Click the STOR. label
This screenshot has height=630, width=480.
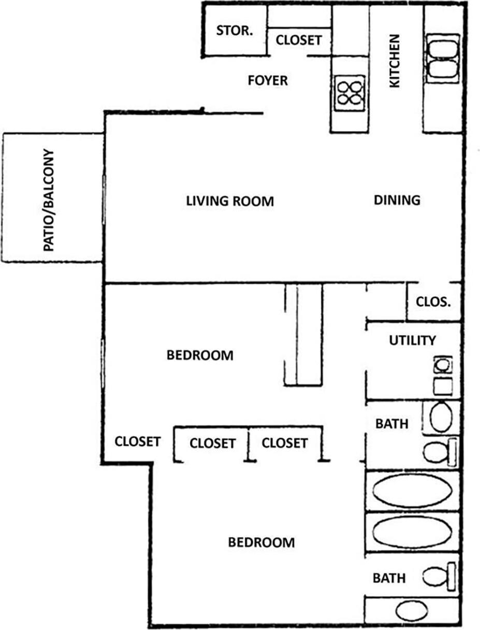(x=235, y=30)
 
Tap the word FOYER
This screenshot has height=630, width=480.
(x=267, y=81)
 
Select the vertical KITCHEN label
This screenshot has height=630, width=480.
(x=395, y=61)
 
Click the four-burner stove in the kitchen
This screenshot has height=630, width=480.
(x=350, y=93)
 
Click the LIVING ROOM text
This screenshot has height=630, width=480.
(x=230, y=201)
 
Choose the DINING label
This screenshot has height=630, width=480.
(x=397, y=200)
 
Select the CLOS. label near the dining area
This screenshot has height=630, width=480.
(x=432, y=302)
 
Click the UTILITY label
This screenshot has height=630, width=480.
(x=412, y=340)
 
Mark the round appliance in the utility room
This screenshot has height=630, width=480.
(x=442, y=365)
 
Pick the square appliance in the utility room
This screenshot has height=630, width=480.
(x=442, y=386)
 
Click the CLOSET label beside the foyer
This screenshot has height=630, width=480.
(x=299, y=40)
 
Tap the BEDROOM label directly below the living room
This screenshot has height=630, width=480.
(x=200, y=355)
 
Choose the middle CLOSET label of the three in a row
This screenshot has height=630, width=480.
(x=212, y=443)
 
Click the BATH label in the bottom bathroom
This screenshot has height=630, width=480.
(x=389, y=578)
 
